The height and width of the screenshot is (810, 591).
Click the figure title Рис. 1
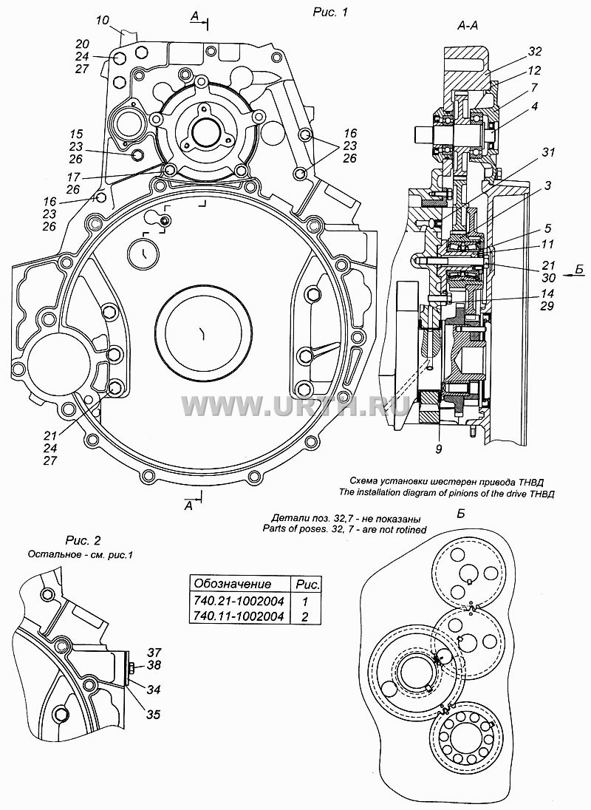click(329, 12)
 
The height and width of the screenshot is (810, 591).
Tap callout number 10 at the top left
click(102, 20)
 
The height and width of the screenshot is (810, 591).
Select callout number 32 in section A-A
click(536, 51)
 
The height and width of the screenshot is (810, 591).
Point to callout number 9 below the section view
click(438, 449)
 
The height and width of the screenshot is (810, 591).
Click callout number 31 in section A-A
click(547, 152)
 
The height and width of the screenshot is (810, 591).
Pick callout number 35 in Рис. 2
click(154, 715)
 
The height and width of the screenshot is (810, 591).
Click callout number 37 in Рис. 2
click(154, 653)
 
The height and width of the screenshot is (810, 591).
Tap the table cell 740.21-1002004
click(238, 601)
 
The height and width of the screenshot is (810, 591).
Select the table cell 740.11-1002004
click(238, 616)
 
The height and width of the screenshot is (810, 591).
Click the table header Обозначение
click(232, 585)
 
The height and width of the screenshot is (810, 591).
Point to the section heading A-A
click(468, 27)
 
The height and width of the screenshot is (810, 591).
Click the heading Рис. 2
click(83, 540)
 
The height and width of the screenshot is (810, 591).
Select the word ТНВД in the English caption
click(543, 493)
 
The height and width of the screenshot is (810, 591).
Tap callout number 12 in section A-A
click(535, 69)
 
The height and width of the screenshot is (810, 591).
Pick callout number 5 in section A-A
click(547, 228)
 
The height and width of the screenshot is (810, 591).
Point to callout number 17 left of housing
click(73, 177)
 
